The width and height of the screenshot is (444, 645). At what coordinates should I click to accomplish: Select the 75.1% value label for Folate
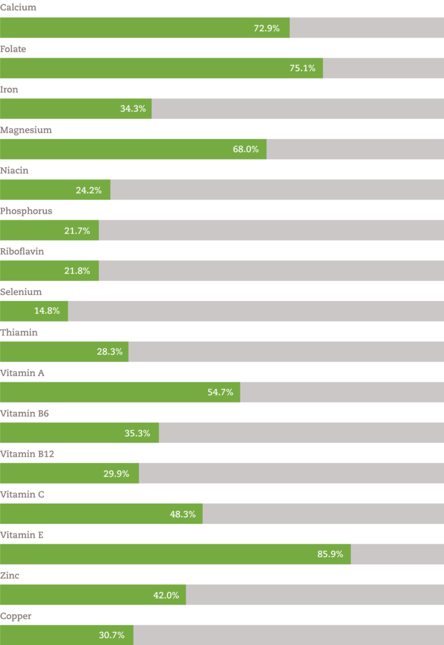coord(302,68)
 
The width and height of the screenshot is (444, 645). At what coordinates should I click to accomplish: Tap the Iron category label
coord(10,90)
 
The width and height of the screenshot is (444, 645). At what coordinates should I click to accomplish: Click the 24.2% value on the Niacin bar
coord(88,190)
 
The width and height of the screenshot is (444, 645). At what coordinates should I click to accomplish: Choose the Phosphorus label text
coord(27,211)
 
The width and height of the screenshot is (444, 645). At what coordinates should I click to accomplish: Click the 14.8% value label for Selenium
coord(47,311)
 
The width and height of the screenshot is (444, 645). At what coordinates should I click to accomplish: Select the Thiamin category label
coord(19,333)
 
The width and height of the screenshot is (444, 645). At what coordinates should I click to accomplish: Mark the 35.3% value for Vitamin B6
coord(138,433)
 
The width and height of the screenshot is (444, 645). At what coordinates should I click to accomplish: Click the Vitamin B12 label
coord(27,454)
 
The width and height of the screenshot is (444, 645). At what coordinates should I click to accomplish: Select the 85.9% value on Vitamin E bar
coord(330,554)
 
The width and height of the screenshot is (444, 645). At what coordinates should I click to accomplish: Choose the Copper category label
coord(16,616)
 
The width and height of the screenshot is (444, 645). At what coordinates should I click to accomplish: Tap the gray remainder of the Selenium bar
coord(254,311)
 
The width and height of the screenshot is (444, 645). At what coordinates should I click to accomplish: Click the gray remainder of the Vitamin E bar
coord(397,554)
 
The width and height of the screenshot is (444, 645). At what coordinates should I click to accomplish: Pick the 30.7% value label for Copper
coord(112,635)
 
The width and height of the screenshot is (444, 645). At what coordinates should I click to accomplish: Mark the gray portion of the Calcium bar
coord(367,28)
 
